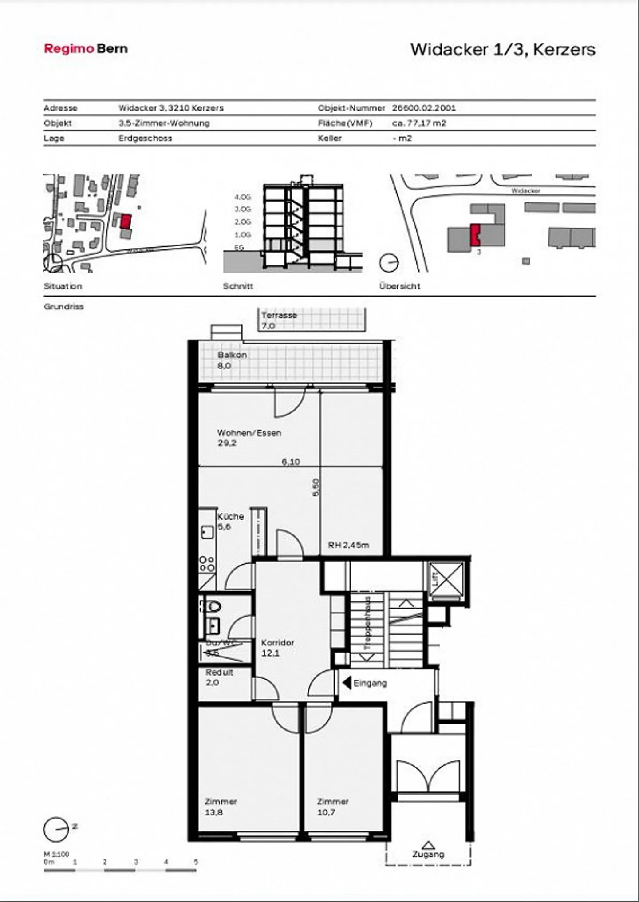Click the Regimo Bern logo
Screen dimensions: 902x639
[x=86, y=48]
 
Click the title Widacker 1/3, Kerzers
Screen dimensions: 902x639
[x=502, y=49]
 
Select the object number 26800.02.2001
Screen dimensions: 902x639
[x=424, y=108]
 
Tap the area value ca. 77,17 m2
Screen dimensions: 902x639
[x=419, y=123]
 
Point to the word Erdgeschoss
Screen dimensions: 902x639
[x=145, y=138]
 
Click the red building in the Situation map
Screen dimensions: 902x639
[x=126, y=221]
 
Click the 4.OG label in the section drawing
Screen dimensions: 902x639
[x=243, y=197]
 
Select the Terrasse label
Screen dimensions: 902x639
[x=279, y=316]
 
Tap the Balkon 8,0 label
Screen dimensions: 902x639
[x=232, y=360]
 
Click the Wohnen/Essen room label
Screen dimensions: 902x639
[x=249, y=433]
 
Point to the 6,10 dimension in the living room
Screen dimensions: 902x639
[x=291, y=462]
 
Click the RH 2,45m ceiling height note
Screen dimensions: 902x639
[x=348, y=545]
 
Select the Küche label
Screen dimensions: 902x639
[x=230, y=517]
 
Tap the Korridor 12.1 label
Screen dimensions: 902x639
[x=277, y=648]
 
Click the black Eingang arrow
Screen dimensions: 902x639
[x=347, y=683]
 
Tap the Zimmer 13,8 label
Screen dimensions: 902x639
[x=221, y=807]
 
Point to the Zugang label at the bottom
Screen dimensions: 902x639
[x=428, y=854]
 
